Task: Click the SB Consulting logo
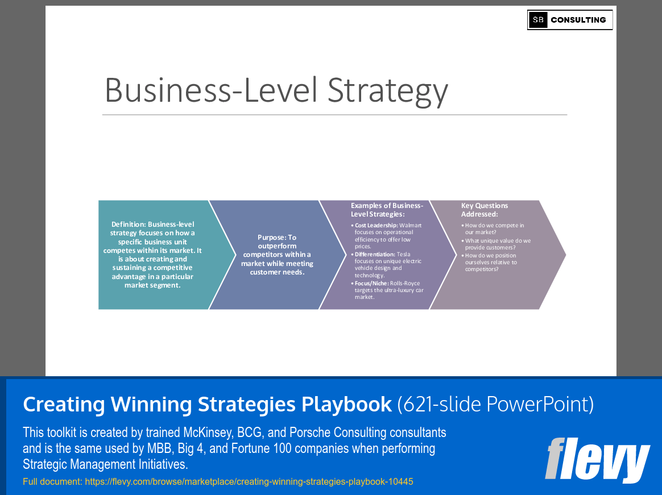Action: (569, 20)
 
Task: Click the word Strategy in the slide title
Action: (388, 90)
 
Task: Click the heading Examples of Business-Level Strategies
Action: (387, 210)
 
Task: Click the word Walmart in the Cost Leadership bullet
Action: (411, 226)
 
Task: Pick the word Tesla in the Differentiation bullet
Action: (403, 255)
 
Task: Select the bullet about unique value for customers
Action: (498, 244)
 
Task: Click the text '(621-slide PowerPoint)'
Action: (495, 405)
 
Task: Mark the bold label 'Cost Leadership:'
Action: (376, 226)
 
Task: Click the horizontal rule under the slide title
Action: (334, 115)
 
